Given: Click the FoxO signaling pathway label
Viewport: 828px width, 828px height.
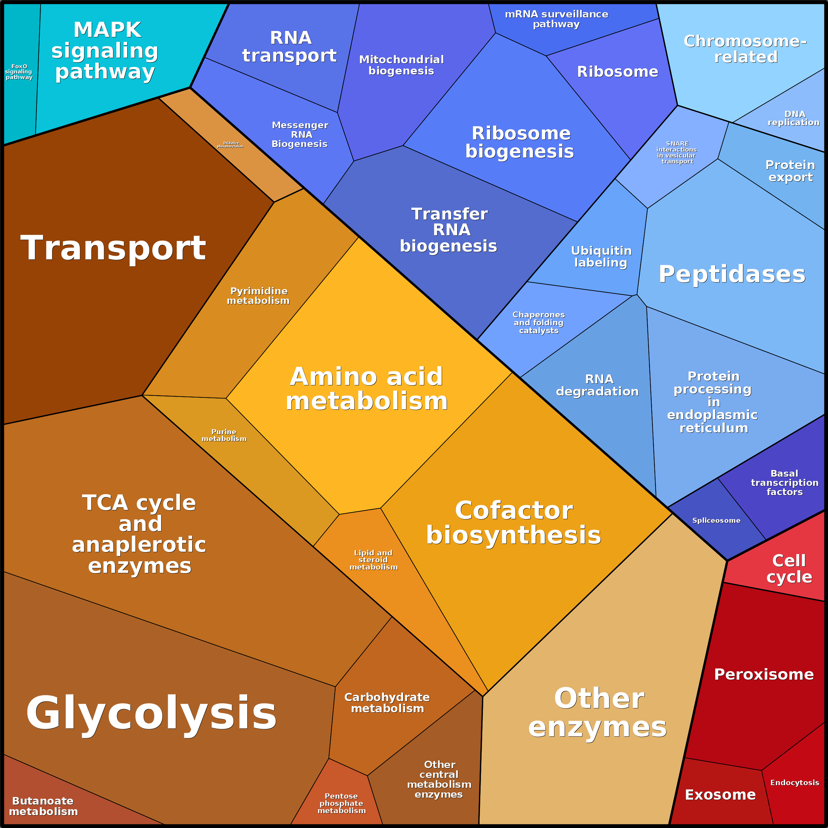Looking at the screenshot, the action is (x=19, y=72).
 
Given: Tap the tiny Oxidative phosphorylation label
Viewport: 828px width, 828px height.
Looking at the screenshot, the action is (x=230, y=145).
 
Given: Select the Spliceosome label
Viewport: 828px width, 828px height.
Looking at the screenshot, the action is (x=716, y=520).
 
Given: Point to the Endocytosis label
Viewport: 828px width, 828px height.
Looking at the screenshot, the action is (x=795, y=783).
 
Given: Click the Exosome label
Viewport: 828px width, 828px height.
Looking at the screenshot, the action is (x=720, y=795).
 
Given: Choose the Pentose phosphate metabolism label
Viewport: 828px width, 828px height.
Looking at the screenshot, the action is (x=341, y=803).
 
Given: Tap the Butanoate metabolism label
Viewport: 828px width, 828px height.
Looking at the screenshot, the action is (x=43, y=806).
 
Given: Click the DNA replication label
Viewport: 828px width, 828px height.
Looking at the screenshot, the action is (x=794, y=118).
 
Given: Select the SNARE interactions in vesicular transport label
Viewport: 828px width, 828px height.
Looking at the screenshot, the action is (x=677, y=153).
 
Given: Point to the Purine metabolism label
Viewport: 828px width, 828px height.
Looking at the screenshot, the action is (x=224, y=435).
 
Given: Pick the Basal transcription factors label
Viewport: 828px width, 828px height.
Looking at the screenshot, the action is (x=785, y=483).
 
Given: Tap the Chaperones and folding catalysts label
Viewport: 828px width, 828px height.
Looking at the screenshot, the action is (x=539, y=322).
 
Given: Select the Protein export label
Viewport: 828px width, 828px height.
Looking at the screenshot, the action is (x=790, y=171).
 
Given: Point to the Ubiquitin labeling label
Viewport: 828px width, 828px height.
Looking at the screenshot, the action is (x=601, y=256).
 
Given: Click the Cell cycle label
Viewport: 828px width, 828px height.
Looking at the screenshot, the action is (x=789, y=569).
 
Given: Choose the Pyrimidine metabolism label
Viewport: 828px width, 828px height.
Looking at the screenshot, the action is (x=258, y=296).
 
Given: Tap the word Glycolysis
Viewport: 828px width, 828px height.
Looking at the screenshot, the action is (x=151, y=714).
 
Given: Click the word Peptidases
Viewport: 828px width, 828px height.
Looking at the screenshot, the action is (x=732, y=274).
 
